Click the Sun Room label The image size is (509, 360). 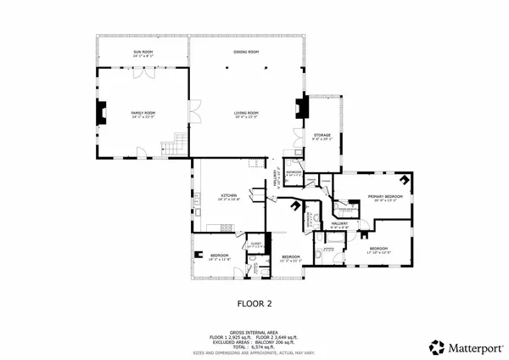[x=143, y=53]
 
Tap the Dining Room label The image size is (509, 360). [x=246, y=53]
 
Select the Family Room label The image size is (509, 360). [x=143, y=113]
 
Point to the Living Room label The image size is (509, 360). [x=246, y=113]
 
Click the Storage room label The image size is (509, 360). [x=322, y=134]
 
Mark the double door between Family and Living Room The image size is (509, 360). [x=194, y=110]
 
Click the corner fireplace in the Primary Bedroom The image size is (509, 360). [x=406, y=180]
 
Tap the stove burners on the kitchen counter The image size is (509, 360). [x=226, y=227]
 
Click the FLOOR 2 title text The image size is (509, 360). [x=254, y=301]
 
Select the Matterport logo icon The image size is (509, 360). [x=437, y=346]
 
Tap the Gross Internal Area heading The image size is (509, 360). [x=254, y=332]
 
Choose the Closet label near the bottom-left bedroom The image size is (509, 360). [x=255, y=244]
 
